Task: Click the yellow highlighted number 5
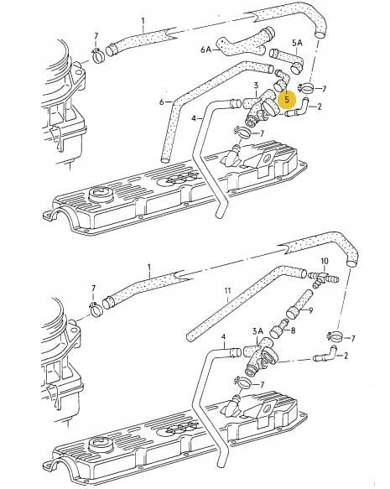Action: (287, 99)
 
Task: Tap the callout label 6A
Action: (206, 49)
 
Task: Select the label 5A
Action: (297, 43)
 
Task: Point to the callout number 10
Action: (325, 261)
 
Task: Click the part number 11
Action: (228, 291)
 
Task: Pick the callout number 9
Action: (310, 310)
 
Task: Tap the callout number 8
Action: (293, 330)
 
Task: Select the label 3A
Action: (257, 331)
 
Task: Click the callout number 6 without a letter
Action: (162, 101)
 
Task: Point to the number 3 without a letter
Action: (256, 86)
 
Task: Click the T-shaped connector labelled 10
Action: (323, 278)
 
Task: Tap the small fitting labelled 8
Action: (279, 330)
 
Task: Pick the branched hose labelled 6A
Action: (247, 44)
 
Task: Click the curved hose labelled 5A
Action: (287, 60)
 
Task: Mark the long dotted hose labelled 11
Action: (245, 302)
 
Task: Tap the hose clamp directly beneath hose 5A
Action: (305, 90)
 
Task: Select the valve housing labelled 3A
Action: (260, 356)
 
